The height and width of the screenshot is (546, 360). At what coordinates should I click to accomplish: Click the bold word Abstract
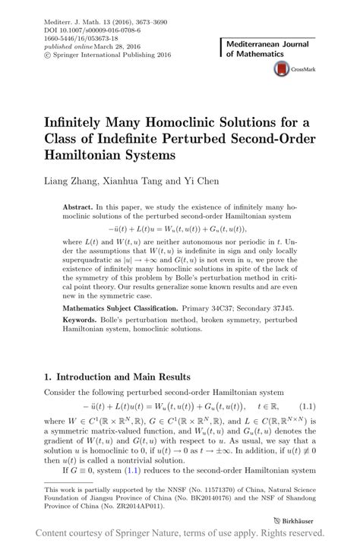click(x=77, y=207)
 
